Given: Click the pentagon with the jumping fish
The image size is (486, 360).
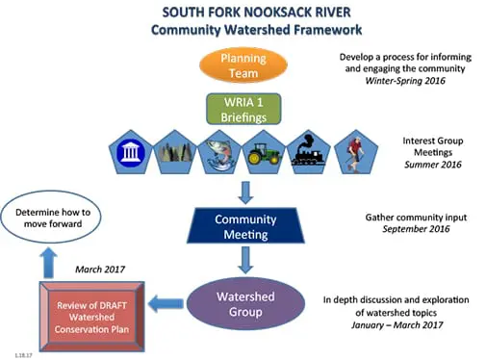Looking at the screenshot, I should (218, 152).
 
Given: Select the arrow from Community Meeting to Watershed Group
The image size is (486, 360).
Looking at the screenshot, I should (245, 260).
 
